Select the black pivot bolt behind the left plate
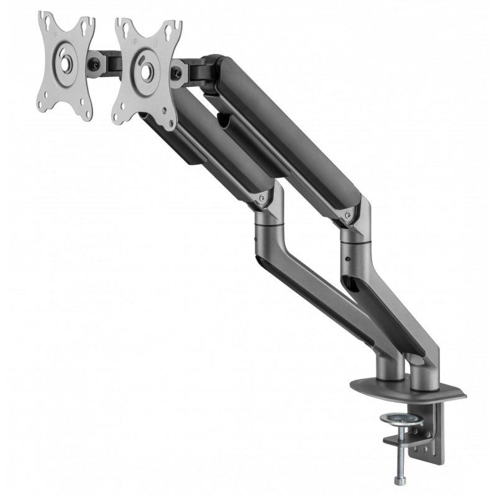click(x=94, y=63)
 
